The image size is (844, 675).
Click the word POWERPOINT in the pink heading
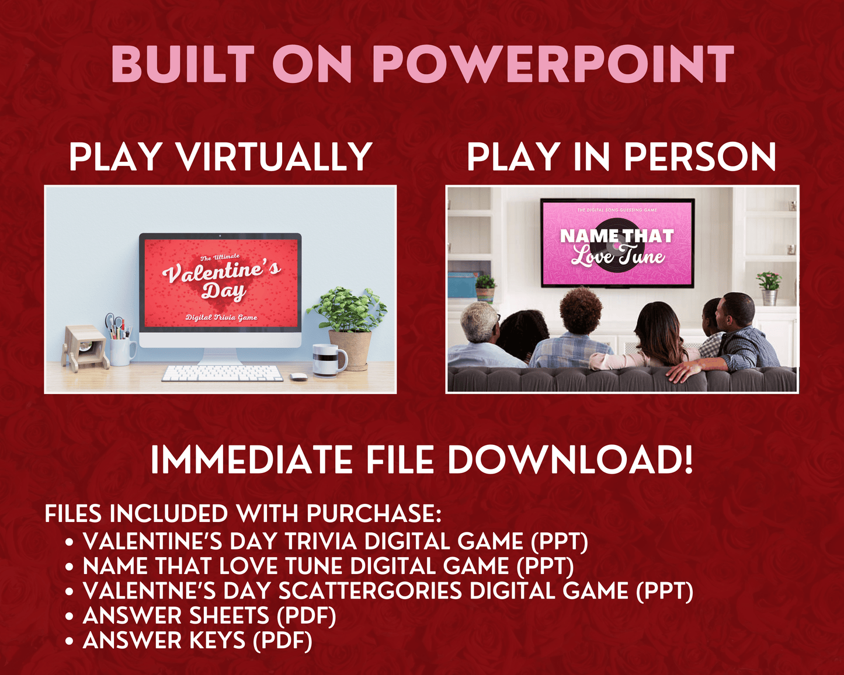pyautogui.click(x=553, y=64)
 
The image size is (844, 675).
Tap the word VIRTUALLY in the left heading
pyautogui.click(x=275, y=157)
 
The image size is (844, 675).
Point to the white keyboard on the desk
pyautogui.click(x=222, y=373)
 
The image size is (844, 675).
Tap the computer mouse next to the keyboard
pyautogui.click(x=298, y=377)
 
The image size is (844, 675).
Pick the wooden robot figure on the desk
pyautogui.click(x=85, y=348)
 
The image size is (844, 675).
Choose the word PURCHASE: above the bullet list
pyautogui.click(x=374, y=514)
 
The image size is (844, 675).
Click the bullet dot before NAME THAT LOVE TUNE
pyautogui.click(x=70, y=567)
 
